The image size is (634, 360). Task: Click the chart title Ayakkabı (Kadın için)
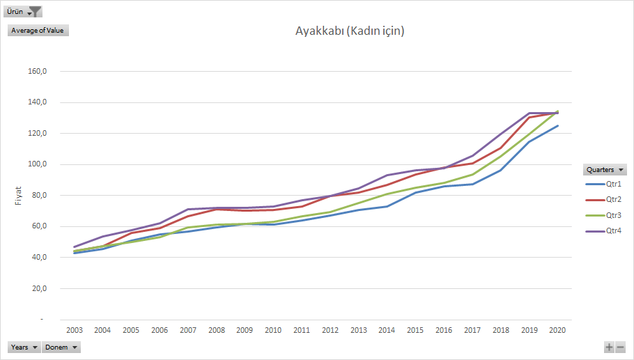pyautogui.click(x=350, y=31)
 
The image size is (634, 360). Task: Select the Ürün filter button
pyautogui.click(x=24, y=11)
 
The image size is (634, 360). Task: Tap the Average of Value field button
pyautogui.click(x=38, y=30)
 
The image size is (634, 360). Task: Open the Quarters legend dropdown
pyautogui.click(x=605, y=169)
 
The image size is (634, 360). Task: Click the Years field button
pyautogui.click(x=24, y=347)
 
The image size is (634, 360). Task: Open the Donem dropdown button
pyautogui.click(x=61, y=347)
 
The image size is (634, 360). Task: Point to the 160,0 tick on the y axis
pyautogui.click(x=37, y=71)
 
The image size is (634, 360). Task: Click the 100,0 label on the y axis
pyautogui.click(x=37, y=164)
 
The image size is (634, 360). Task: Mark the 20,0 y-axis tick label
pyautogui.click(x=38, y=288)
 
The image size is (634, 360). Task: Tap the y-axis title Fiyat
pyautogui.click(x=19, y=195)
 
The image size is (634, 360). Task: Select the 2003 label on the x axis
pyautogui.click(x=74, y=330)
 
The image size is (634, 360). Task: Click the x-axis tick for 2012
pyautogui.click(x=330, y=330)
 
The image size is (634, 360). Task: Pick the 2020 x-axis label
pyautogui.click(x=557, y=330)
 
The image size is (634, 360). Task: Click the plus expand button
pyautogui.click(x=609, y=347)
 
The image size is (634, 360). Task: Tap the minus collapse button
pyautogui.click(x=620, y=347)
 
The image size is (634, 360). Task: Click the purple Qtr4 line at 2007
pyautogui.click(x=187, y=209)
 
